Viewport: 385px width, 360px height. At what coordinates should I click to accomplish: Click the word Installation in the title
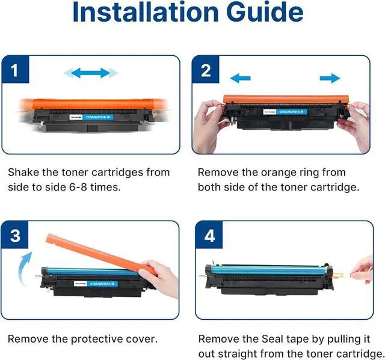(x=146, y=12)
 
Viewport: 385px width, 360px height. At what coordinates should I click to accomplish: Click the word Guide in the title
(x=265, y=12)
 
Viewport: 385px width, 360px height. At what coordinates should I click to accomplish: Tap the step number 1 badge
(x=15, y=70)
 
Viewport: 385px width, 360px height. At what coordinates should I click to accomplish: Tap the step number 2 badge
(x=206, y=70)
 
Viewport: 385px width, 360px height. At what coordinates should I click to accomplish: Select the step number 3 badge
(x=14, y=235)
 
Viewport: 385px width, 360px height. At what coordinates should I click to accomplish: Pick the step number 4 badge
(x=209, y=235)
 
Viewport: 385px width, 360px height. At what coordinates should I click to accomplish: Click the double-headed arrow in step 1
(x=91, y=73)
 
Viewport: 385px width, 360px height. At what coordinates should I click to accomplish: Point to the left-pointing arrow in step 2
(x=241, y=78)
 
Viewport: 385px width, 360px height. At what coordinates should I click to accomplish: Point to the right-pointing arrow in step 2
(x=330, y=78)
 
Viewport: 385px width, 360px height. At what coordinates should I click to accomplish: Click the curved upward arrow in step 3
(x=25, y=269)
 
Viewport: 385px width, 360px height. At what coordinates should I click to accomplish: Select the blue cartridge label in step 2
(x=292, y=112)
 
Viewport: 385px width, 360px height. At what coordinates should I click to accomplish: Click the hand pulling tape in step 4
(x=363, y=270)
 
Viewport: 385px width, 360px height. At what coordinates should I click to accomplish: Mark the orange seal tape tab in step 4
(x=339, y=275)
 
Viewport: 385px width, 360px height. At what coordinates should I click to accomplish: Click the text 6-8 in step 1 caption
(x=78, y=188)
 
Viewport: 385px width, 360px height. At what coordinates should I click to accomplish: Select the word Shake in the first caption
(x=23, y=172)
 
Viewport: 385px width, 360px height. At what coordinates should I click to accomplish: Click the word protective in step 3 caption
(x=96, y=340)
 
